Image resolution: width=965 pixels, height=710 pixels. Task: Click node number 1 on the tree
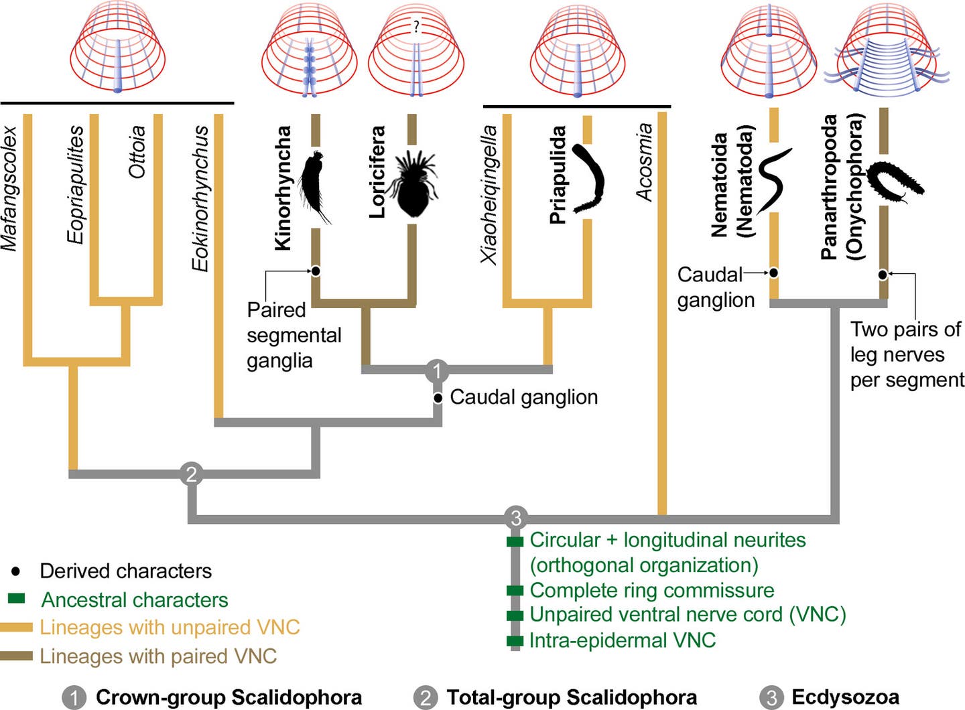point(437,370)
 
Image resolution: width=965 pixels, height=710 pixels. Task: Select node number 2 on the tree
point(192,474)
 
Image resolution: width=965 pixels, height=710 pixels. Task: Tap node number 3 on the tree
point(515,518)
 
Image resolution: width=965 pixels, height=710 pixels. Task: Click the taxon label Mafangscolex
point(9,189)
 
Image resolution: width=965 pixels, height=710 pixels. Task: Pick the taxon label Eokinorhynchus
point(200,198)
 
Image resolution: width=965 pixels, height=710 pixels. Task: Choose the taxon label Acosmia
point(644,162)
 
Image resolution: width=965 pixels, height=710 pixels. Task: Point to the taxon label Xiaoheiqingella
point(489,194)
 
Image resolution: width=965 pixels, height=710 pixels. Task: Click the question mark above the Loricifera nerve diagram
point(416,27)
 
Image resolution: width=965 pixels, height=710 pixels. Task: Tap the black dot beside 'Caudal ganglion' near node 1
point(438,398)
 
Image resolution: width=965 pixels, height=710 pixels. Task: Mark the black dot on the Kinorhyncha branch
point(315,271)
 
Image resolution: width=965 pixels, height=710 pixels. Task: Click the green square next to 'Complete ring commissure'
point(515,591)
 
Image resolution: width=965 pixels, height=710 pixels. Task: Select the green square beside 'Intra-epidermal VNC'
point(515,641)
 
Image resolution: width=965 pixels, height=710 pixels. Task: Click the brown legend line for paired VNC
point(17,656)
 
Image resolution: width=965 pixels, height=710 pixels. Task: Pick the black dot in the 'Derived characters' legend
point(16,571)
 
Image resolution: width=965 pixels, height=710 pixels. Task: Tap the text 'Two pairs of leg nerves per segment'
point(906,354)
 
